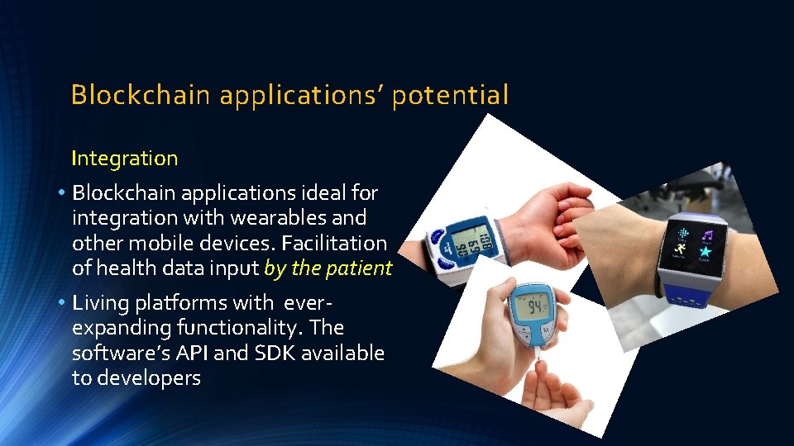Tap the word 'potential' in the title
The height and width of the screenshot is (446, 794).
pyautogui.click(x=450, y=96)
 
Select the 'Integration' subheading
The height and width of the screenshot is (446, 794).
pyautogui.click(x=124, y=158)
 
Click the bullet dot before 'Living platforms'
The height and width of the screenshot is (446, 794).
pyautogui.click(x=62, y=303)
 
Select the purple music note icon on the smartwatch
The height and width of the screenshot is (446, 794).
pyautogui.click(x=706, y=233)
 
